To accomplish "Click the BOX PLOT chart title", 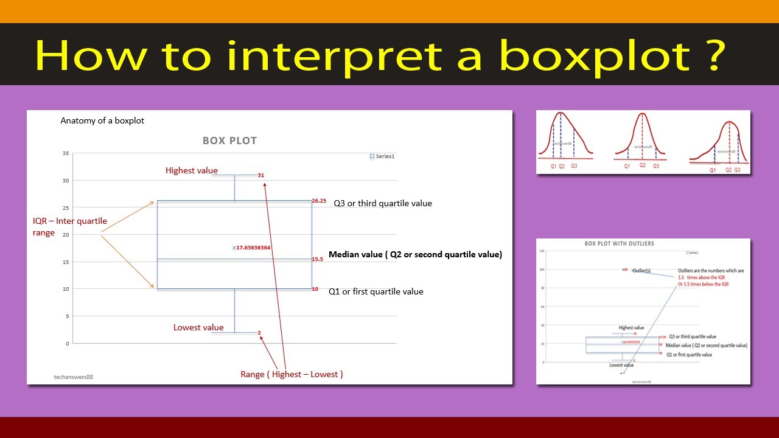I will coord(229,141).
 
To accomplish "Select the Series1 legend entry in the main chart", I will coord(383,156).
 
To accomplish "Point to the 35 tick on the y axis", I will coord(65,153).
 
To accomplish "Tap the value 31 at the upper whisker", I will coord(261,175).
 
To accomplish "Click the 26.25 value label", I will coord(319,201).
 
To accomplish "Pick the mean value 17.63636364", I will coord(253,248).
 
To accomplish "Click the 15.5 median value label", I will coord(317,259).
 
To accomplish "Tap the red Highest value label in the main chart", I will coord(191,170).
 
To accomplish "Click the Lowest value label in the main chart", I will coord(198,327).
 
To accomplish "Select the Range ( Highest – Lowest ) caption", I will coord(292,374).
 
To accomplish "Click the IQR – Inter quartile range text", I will coord(69,226).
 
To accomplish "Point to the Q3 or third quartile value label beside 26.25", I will coord(382,203).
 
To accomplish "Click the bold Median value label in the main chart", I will coord(415,254).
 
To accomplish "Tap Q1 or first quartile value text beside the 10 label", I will coord(376,291).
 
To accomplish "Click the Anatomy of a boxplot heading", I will coord(102,120).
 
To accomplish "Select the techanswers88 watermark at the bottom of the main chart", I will coord(73,377).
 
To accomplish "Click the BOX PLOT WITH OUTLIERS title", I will coord(619,243).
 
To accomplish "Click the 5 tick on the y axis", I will coord(67,316).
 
